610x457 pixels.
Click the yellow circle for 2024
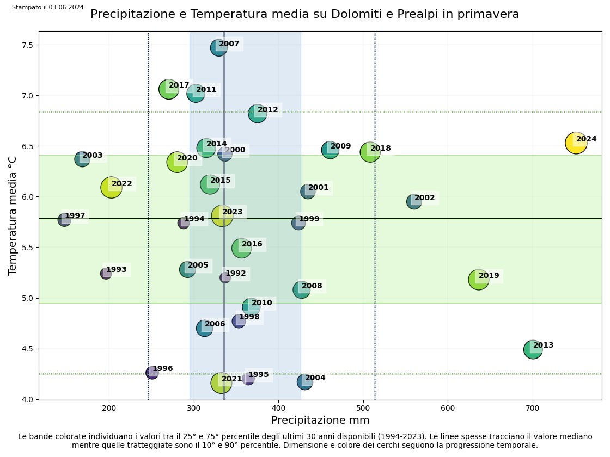[x=576, y=143]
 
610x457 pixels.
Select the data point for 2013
[x=533, y=349]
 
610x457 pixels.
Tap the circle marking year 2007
[x=218, y=48]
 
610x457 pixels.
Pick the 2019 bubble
[x=478, y=280]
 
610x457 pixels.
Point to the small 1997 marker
[x=64, y=220]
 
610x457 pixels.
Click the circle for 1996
[x=152, y=373]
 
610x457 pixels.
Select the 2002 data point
[x=414, y=202]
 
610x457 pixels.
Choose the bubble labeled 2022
[x=111, y=188]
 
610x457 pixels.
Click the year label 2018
[x=381, y=149]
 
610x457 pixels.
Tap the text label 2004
[x=315, y=378]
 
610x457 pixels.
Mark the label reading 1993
[x=116, y=270]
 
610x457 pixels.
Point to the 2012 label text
[x=267, y=110]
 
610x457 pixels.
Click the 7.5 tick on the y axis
[x=27, y=45]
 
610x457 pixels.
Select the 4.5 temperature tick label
[x=27, y=349]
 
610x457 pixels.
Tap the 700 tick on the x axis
[x=533, y=408]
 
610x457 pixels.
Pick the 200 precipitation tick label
[x=109, y=408]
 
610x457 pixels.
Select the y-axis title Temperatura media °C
[x=13, y=215]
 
